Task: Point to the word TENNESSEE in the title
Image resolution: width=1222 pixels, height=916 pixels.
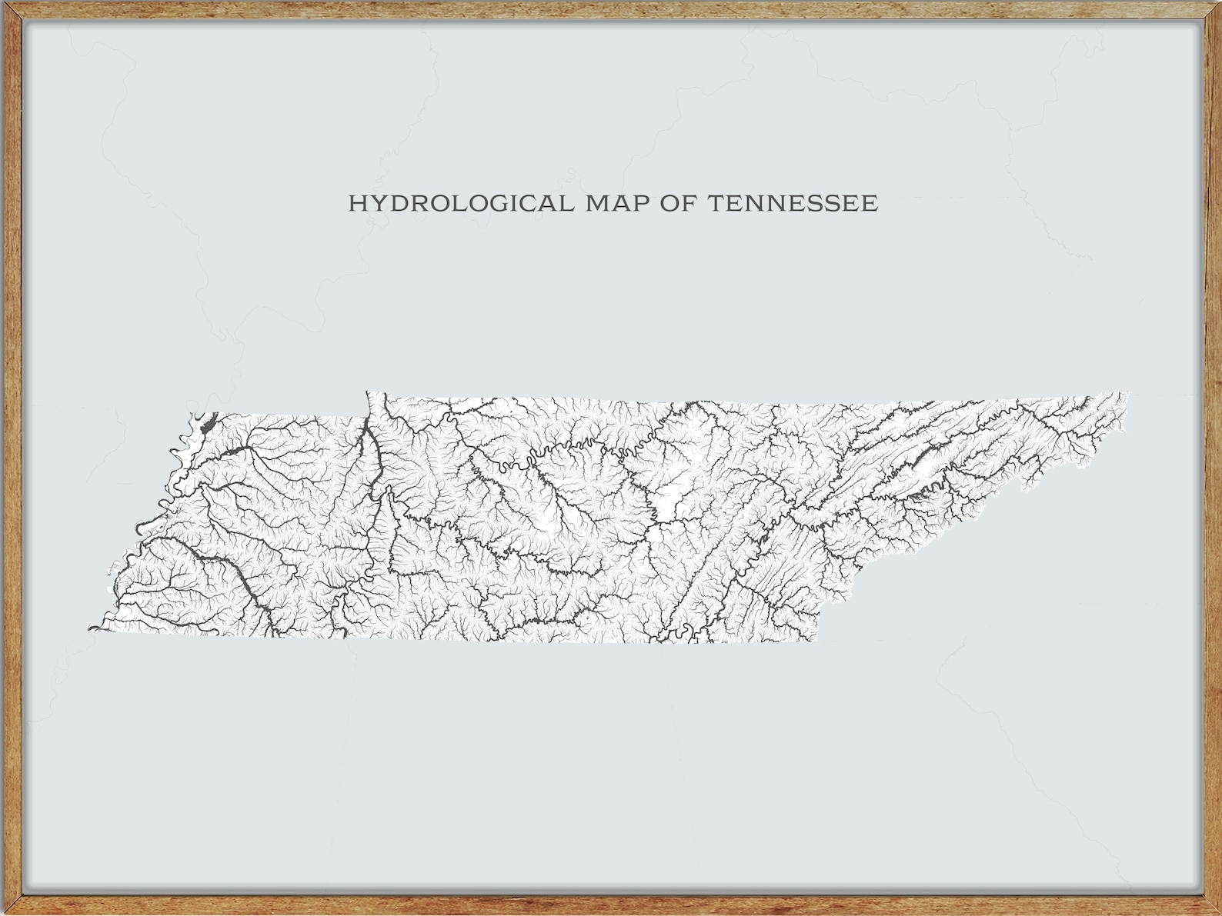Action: (792, 204)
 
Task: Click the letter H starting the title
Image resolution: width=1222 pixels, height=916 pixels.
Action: (358, 204)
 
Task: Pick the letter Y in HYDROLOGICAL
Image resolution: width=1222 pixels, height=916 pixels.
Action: (378, 204)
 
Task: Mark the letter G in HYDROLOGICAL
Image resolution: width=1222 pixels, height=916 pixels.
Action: (507, 204)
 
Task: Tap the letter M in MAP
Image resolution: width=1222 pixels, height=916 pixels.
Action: (596, 204)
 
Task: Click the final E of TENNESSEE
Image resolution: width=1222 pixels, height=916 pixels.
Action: (870, 204)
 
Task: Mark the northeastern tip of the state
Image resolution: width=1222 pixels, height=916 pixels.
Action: (1127, 395)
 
